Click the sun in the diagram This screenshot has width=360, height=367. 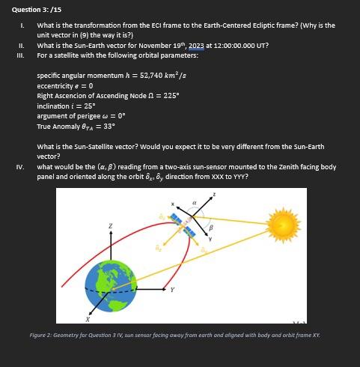coord(284,222)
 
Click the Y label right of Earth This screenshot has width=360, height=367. coord(171,289)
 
